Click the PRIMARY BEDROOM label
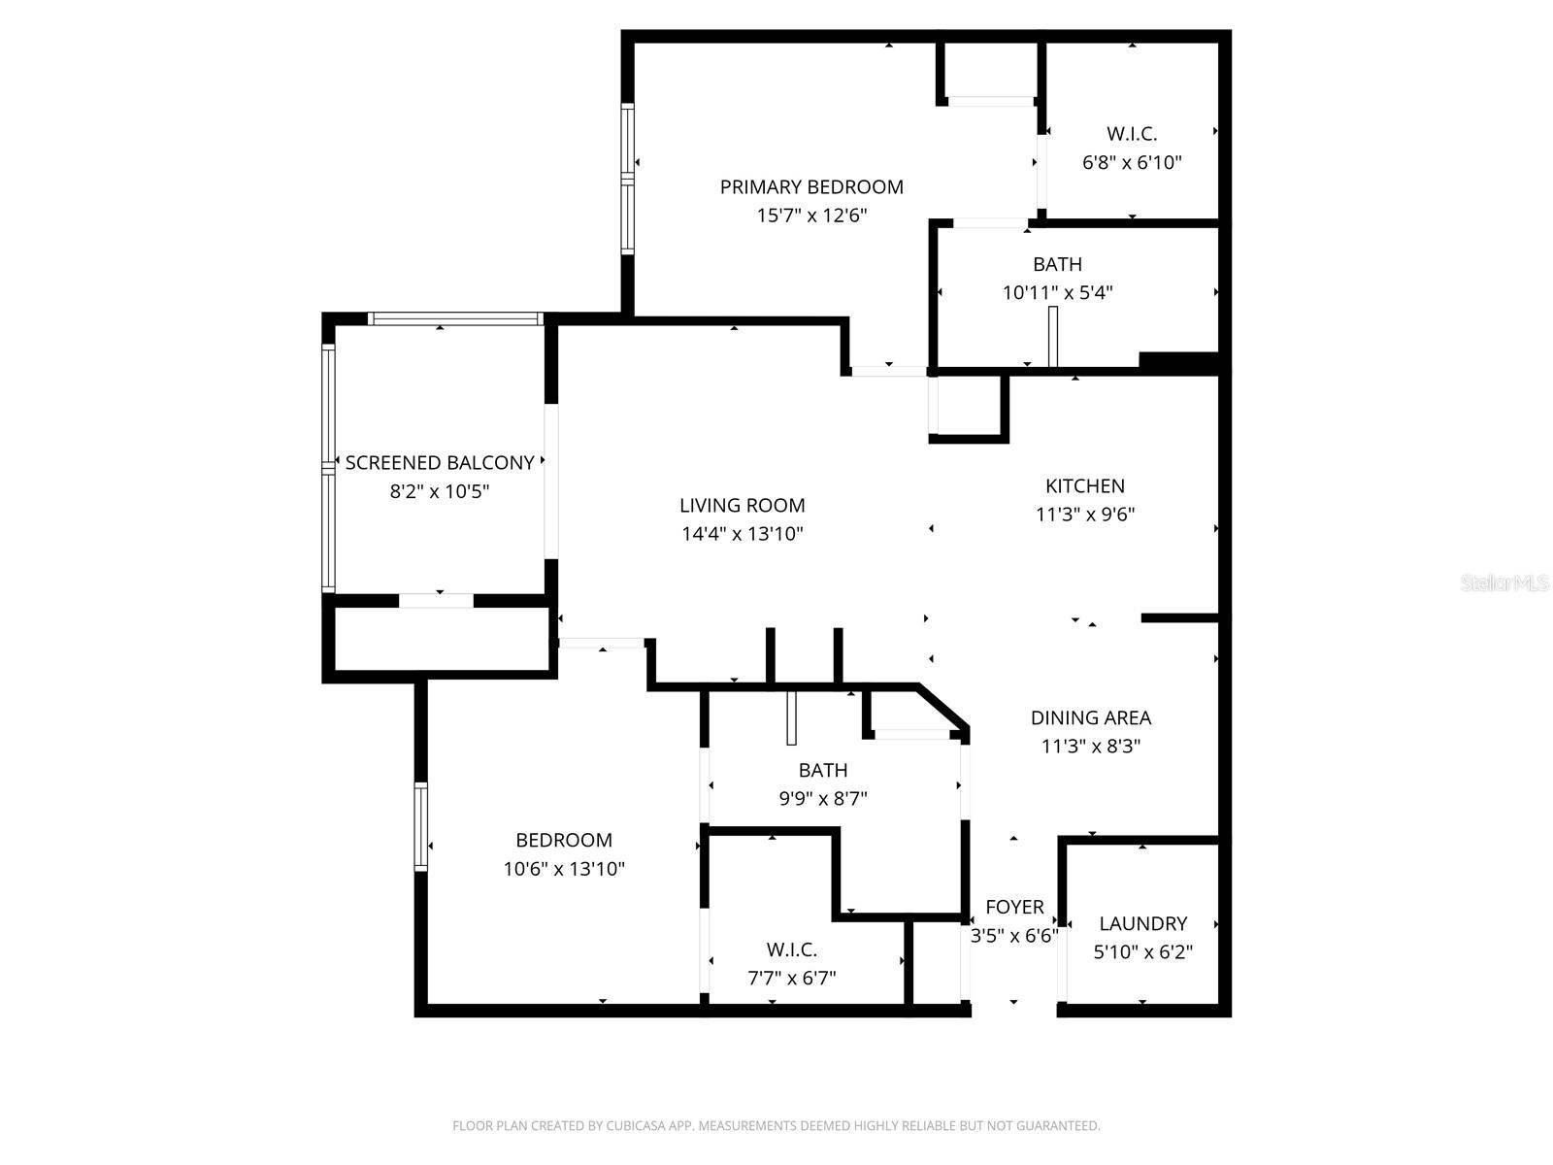(811, 186)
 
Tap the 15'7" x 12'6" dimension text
(811, 216)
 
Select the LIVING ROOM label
(742, 505)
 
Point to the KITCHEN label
(1084, 485)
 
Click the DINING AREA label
(1090, 717)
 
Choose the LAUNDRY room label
(1142, 923)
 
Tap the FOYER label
(1014, 907)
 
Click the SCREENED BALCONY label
(440, 463)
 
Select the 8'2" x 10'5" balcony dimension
(440, 492)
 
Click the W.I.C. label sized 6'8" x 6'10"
(1132, 134)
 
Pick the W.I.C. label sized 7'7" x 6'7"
(791, 949)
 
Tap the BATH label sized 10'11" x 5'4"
(1057, 264)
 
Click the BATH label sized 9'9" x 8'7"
(822, 770)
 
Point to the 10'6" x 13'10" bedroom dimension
(564, 869)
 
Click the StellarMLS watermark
(1503, 582)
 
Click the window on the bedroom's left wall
(421, 826)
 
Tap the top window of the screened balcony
(454, 318)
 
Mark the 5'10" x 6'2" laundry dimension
(1142, 952)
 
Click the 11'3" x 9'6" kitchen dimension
(1084, 515)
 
